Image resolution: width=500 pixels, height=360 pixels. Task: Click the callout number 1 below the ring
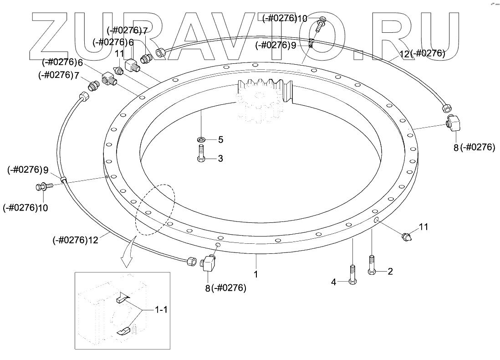[256, 275]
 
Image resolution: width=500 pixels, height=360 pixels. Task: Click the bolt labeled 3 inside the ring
[201, 152]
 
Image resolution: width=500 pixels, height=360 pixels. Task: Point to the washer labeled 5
[201, 139]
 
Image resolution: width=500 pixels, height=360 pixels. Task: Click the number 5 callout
[220, 139]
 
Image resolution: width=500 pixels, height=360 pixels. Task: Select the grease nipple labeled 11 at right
[406, 236]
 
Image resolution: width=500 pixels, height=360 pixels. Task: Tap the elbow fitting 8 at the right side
[454, 123]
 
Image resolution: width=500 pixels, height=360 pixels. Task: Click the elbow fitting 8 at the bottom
[209, 263]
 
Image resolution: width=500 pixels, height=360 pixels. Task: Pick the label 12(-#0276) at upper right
[422, 53]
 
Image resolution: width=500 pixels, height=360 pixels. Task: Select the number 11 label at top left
[119, 53]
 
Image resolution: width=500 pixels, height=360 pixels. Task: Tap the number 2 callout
[390, 271]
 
